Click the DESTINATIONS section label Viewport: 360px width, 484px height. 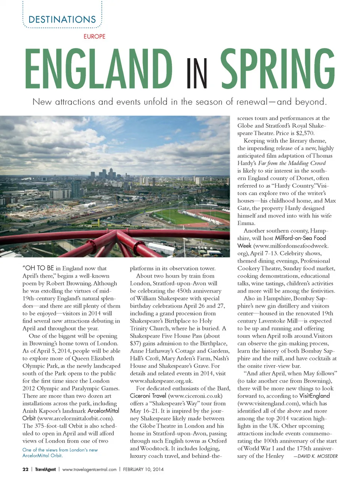pos(62,20)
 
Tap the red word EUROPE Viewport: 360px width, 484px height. pos(94,36)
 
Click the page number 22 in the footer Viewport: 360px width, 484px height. pos(25,469)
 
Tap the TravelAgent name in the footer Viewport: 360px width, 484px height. pos(45,469)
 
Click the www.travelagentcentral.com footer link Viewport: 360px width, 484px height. pos(89,469)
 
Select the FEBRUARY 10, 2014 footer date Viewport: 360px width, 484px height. pos(143,469)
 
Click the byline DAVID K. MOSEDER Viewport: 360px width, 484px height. pos(318,456)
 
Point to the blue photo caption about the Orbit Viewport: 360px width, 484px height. pos(60,452)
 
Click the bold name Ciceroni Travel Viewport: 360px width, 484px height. pos(148,396)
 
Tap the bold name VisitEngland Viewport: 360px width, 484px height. pos(315,396)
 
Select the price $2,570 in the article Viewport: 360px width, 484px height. pos(305,133)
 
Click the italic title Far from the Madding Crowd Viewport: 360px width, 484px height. pos(292,163)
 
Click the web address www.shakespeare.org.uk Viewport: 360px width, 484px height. pos(161,381)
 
